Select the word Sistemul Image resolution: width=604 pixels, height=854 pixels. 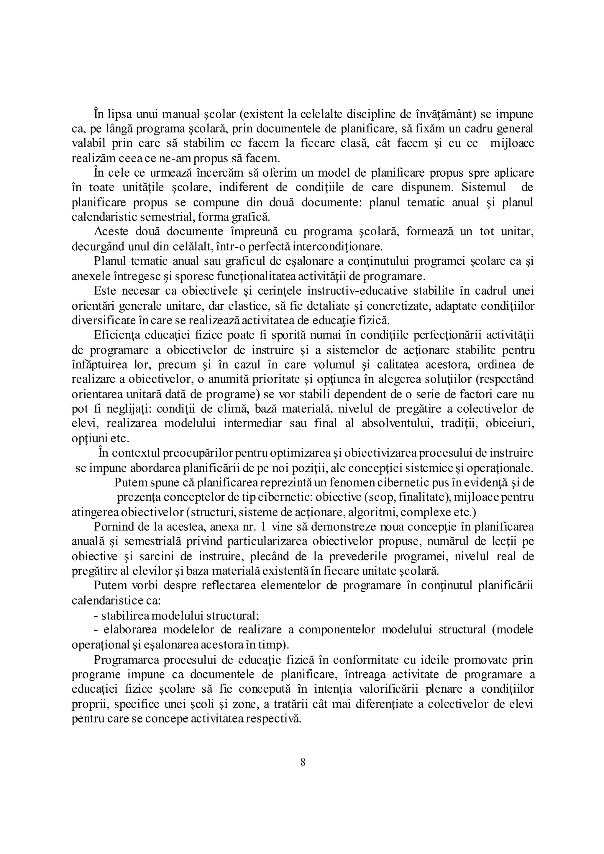[x=483, y=187]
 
